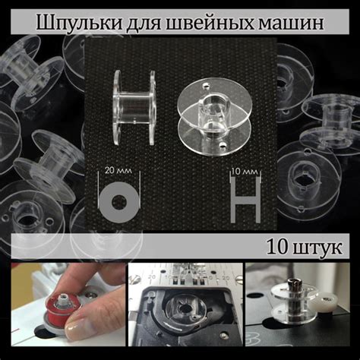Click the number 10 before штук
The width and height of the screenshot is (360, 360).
(x=277, y=247)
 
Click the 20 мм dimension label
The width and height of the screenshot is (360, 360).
(x=118, y=170)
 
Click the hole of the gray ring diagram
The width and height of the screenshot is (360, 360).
(x=118, y=202)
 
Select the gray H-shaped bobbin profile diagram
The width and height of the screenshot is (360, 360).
(x=245, y=200)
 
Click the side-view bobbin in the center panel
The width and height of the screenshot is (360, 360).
(x=134, y=108)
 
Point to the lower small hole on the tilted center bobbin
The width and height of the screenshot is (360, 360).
(x=223, y=145)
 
